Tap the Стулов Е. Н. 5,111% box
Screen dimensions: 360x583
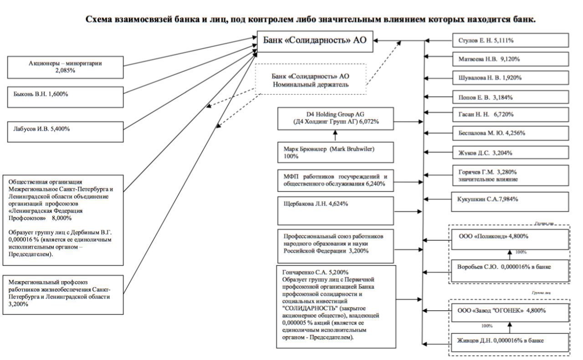(x=511, y=40)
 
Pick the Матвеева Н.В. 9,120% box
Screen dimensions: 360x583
(x=511, y=59)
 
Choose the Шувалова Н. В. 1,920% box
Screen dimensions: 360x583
(x=511, y=77)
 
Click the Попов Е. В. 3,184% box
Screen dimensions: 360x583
(x=511, y=97)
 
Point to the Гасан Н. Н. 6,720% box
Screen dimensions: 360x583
(x=511, y=115)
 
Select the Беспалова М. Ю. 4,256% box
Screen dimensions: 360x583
(x=511, y=134)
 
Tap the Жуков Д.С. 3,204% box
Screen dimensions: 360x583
(x=511, y=153)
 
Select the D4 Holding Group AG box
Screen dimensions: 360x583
(x=336, y=118)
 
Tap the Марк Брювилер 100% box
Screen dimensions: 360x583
(x=336, y=152)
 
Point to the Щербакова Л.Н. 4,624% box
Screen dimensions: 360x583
(x=336, y=210)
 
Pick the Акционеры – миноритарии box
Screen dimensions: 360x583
(x=66, y=67)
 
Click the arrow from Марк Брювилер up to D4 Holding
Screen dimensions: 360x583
(x=336, y=135)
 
